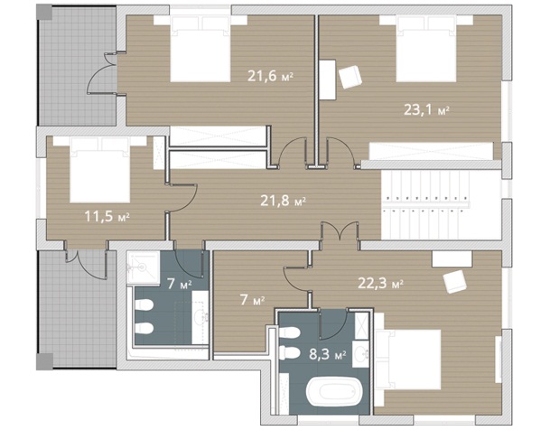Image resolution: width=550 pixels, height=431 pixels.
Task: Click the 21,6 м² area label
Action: pyautogui.click(x=270, y=76)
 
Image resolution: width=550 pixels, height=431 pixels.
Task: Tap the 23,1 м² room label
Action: pyautogui.click(x=426, y=110)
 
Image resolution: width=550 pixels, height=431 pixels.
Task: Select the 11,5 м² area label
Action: pyautogui.click(x=107, y=216)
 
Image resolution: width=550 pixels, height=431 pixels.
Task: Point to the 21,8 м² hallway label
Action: pyautogui.click(x=283, y=201)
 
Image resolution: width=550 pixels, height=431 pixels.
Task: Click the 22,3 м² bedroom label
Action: pyautogui.click(x=380, y=283)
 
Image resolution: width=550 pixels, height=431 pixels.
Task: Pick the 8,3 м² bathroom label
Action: pyautogui.click(x=328, y=354)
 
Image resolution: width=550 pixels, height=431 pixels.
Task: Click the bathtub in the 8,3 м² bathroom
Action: pyautogui.click(x=333, y=391)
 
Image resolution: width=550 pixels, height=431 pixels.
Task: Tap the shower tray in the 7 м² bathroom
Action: pyautogui.click(x=143, y=267)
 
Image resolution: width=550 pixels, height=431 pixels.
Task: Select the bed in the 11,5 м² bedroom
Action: pyautogui.click(x=100, y=170)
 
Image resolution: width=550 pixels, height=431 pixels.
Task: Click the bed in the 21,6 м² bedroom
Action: pyautogui.click(x=200, y=49)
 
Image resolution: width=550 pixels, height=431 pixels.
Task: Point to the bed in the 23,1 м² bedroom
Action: pyautogui.click(x=426, y=49)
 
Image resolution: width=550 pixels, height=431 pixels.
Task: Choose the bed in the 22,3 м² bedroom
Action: pyautogui.click(x=407, y=360)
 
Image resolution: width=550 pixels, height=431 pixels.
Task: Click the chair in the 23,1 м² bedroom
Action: pyautogui.click(x=350, y=77)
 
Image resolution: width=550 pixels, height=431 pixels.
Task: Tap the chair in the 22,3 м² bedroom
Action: pyautogui.click(x=454, y=282)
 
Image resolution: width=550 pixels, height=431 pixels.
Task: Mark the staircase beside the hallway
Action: pyautogui.click(x=442, y=205)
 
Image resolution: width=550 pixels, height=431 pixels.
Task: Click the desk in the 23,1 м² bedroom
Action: pyautogui.click(x=328, y=80)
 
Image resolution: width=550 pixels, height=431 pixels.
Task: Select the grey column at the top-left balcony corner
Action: pyautogui.click(x=44, y=13)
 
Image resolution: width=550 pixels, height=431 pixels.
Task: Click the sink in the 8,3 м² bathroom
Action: pyautogui.click(x=360, y=354)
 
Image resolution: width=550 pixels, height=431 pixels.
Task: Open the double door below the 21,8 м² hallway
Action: pyautogui.click(x=340, y=231)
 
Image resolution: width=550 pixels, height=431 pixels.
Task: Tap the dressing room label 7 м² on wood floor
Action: pyautogui.click(x=253, y=300)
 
